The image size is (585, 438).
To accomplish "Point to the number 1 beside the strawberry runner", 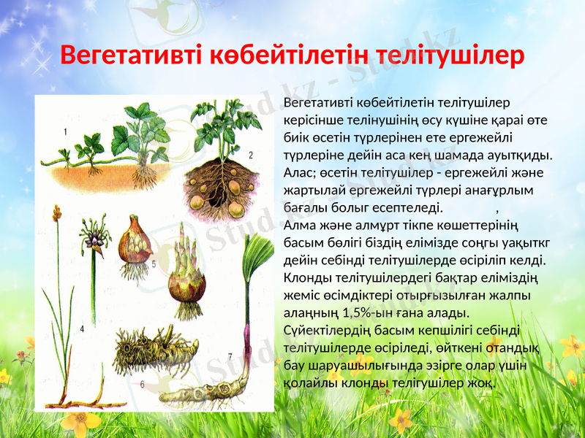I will click(x=66, y=132).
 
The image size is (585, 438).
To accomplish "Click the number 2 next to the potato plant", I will click(x=250, y=155).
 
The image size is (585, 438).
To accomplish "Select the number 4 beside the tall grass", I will click(x=82, y=330).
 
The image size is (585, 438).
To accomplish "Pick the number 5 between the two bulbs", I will click(x=154, y=266).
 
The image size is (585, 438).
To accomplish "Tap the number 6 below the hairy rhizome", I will click(x=142, y=383).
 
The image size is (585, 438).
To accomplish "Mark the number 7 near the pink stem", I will click(x=231, y=358).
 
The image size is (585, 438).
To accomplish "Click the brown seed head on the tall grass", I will click(x=56, y=213).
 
